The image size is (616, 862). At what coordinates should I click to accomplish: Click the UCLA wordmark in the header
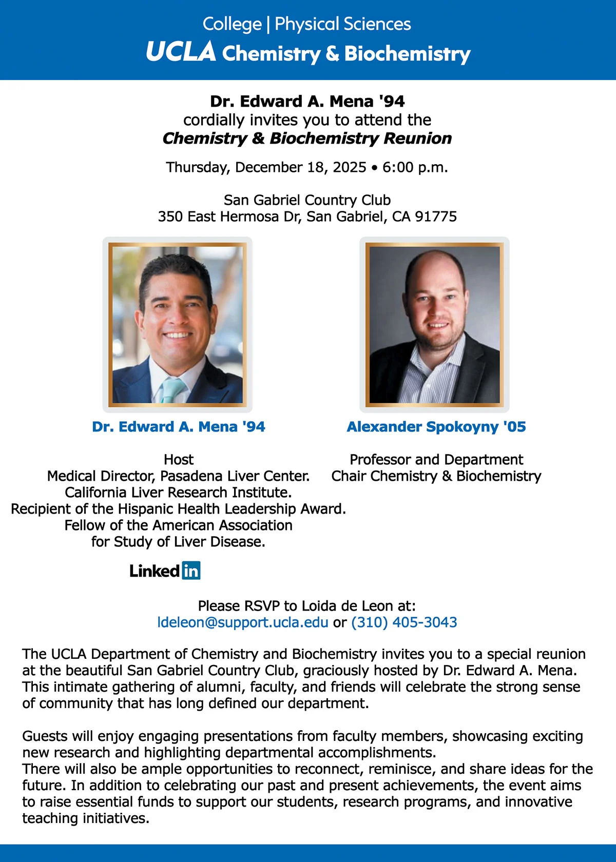pos(180,52)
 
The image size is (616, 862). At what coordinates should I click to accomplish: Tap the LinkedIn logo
pos(165,571)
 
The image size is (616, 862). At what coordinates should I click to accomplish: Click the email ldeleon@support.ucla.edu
pos(242,622)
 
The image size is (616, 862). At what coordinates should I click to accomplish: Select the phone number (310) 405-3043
pos(404,622)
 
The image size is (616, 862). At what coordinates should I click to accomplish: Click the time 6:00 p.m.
pos(415,168)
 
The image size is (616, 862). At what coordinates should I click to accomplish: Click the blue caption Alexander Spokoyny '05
pos(436,427)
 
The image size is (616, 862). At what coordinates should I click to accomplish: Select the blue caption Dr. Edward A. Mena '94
pos(179,427)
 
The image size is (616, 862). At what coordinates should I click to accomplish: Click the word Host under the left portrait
pos(179,459)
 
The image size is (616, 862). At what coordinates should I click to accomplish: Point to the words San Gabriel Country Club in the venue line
pos(307,200)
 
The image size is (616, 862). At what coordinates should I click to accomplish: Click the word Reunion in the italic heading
pos(417,139)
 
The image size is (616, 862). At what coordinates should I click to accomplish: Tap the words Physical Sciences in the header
pos(342,24)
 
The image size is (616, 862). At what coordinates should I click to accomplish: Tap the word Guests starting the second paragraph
pos(45,736)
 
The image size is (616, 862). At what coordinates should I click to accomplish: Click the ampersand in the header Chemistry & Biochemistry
pos(332,53)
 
